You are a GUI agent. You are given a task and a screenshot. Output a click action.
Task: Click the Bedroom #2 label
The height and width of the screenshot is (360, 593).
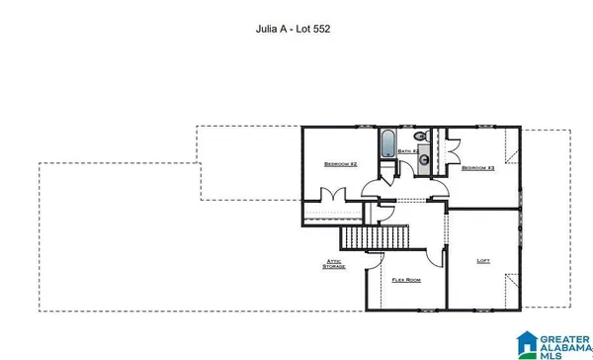340,164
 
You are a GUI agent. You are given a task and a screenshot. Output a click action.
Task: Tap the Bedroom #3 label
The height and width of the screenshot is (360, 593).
477,168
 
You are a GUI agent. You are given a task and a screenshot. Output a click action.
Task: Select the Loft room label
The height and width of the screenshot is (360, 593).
483,261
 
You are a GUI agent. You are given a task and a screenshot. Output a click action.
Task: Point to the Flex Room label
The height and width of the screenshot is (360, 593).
407,280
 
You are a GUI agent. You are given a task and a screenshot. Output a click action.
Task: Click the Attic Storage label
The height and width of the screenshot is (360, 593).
335,264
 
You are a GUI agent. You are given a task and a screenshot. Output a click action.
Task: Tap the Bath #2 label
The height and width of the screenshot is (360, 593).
408,151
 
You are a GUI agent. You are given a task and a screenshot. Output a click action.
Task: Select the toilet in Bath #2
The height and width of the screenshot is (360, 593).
420,137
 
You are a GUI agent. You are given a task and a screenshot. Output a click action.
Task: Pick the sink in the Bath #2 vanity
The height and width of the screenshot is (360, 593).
423,158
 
